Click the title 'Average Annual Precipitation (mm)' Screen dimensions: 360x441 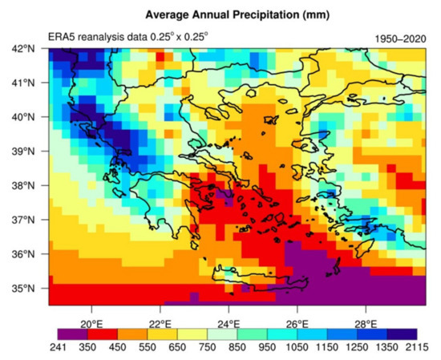coord(227,14)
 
